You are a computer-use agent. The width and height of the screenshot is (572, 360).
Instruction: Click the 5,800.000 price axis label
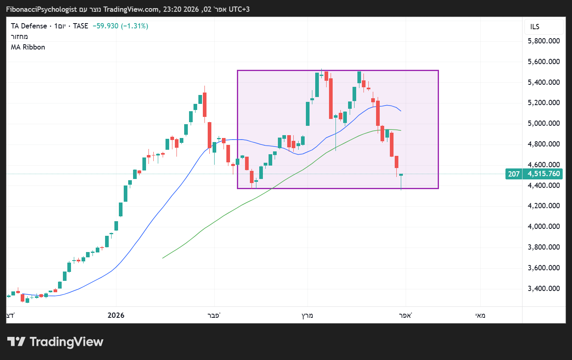[x=544, y=41]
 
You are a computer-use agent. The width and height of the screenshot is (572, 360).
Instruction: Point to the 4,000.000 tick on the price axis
[x=544, y=226]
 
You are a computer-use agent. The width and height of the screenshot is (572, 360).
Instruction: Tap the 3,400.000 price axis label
[x=544, y=289]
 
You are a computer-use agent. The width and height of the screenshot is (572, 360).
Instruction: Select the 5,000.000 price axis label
[x=544, y=123]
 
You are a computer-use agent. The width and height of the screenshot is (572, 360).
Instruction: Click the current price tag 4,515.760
[x=544, y=174]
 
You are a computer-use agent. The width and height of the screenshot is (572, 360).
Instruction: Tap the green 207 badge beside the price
[x=514, y=174]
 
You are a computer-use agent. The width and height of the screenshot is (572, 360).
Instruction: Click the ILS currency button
[x=535, y=27]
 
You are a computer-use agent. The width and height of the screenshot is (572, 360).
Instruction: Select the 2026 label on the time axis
[x=116, y=315]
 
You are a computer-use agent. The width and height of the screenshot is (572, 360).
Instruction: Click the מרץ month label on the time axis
[x=307, y=315]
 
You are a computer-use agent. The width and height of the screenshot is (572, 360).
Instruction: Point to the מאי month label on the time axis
[x=480, y=315]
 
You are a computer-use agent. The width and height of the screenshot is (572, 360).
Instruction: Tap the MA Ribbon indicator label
[x=28, y=47]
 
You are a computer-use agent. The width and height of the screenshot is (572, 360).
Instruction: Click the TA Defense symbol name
[x=29, y=26]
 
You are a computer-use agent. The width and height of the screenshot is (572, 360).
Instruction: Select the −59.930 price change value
[x=105, y=26]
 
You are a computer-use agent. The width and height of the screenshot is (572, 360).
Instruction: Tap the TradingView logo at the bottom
[x=55, y=342]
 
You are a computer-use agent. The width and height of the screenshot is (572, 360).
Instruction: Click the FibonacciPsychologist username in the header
[x=41, y=9]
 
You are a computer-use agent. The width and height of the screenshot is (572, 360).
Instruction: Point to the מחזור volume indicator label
[x=19, y=37]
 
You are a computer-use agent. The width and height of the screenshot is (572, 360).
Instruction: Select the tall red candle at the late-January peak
[x=205, y=104]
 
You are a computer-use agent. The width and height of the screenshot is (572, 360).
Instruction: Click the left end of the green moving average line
[x=163, y=258]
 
